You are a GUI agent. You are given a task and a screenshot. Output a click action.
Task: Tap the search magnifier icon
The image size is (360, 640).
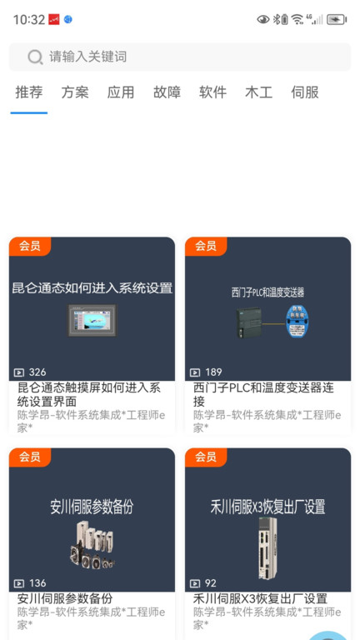(x=35, y=57)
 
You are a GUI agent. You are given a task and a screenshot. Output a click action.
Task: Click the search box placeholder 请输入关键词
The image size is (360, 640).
(x=87, y=57)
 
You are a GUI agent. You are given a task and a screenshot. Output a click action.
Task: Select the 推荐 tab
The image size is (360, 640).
(x=29, y=92)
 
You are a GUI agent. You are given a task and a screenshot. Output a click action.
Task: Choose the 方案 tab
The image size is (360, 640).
(x=75, y=92)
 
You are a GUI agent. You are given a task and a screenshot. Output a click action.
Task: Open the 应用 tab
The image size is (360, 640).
(x=121, y=92)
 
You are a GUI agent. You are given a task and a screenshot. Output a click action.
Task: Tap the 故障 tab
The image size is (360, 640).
(x=167, y=92)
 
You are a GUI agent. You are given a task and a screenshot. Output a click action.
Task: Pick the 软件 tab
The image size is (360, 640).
(x=212, y=92)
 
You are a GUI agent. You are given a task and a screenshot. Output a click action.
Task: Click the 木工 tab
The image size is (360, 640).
(x=258, y=92)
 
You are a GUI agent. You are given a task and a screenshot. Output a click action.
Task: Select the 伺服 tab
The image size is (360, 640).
(x=305, y=92)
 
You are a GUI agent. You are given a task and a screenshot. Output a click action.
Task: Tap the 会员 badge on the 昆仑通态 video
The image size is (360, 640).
(x=30, y=246)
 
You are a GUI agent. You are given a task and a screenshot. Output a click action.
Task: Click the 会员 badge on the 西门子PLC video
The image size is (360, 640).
(x=206, y=246)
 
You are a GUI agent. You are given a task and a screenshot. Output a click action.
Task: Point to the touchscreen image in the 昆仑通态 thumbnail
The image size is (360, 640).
(x=92, y=320)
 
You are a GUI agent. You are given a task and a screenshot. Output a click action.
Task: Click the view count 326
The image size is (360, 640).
(x=37, y=372)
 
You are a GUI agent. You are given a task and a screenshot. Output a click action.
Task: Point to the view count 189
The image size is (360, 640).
(x=212, y=372)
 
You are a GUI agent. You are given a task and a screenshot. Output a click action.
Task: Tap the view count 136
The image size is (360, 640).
(x=37, y=583)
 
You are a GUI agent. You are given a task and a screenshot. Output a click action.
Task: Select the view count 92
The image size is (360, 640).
(x=210, y=583)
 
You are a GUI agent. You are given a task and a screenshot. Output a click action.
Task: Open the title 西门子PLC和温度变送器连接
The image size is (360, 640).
(x=263, y=394)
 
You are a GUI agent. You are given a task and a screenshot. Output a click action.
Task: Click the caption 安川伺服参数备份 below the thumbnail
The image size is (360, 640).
(x=65, y=598)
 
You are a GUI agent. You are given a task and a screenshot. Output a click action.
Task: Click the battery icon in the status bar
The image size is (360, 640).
(x=337, y=19)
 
